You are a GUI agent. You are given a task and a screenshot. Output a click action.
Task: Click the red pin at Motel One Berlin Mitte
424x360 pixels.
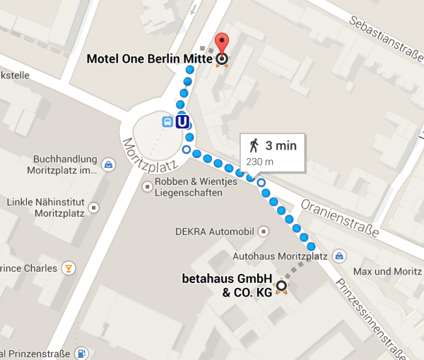[x=222, y=42]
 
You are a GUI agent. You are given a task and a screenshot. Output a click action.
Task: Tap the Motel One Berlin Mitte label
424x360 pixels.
[x=149, y=59]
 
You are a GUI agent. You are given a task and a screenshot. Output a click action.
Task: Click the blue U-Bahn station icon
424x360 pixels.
[x=183, y=121]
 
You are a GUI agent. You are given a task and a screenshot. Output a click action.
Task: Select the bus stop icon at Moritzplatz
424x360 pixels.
[x=167, y=121]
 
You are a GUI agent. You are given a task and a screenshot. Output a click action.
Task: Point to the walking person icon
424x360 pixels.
[x=254, y=146]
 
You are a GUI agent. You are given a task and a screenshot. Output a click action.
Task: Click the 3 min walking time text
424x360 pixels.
[x=281, y=146]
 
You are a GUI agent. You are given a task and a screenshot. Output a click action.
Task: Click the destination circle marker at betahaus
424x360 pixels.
[x=281, y=286]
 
